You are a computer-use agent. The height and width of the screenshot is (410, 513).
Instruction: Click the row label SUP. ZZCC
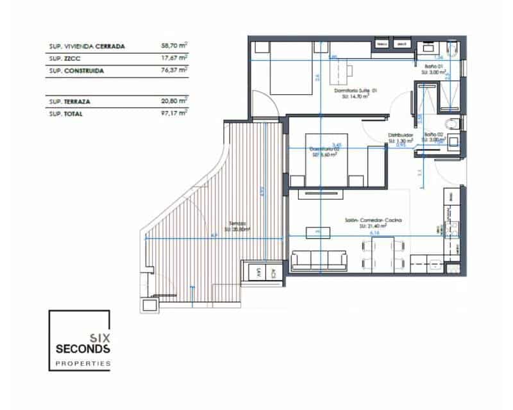tap(63, 58)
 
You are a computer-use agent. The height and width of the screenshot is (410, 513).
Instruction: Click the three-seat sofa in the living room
tap(319, 259)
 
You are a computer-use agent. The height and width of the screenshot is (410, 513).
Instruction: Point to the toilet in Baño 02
tap(453, 123)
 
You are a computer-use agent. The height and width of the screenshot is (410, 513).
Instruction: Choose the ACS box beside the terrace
tap(273, 272)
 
